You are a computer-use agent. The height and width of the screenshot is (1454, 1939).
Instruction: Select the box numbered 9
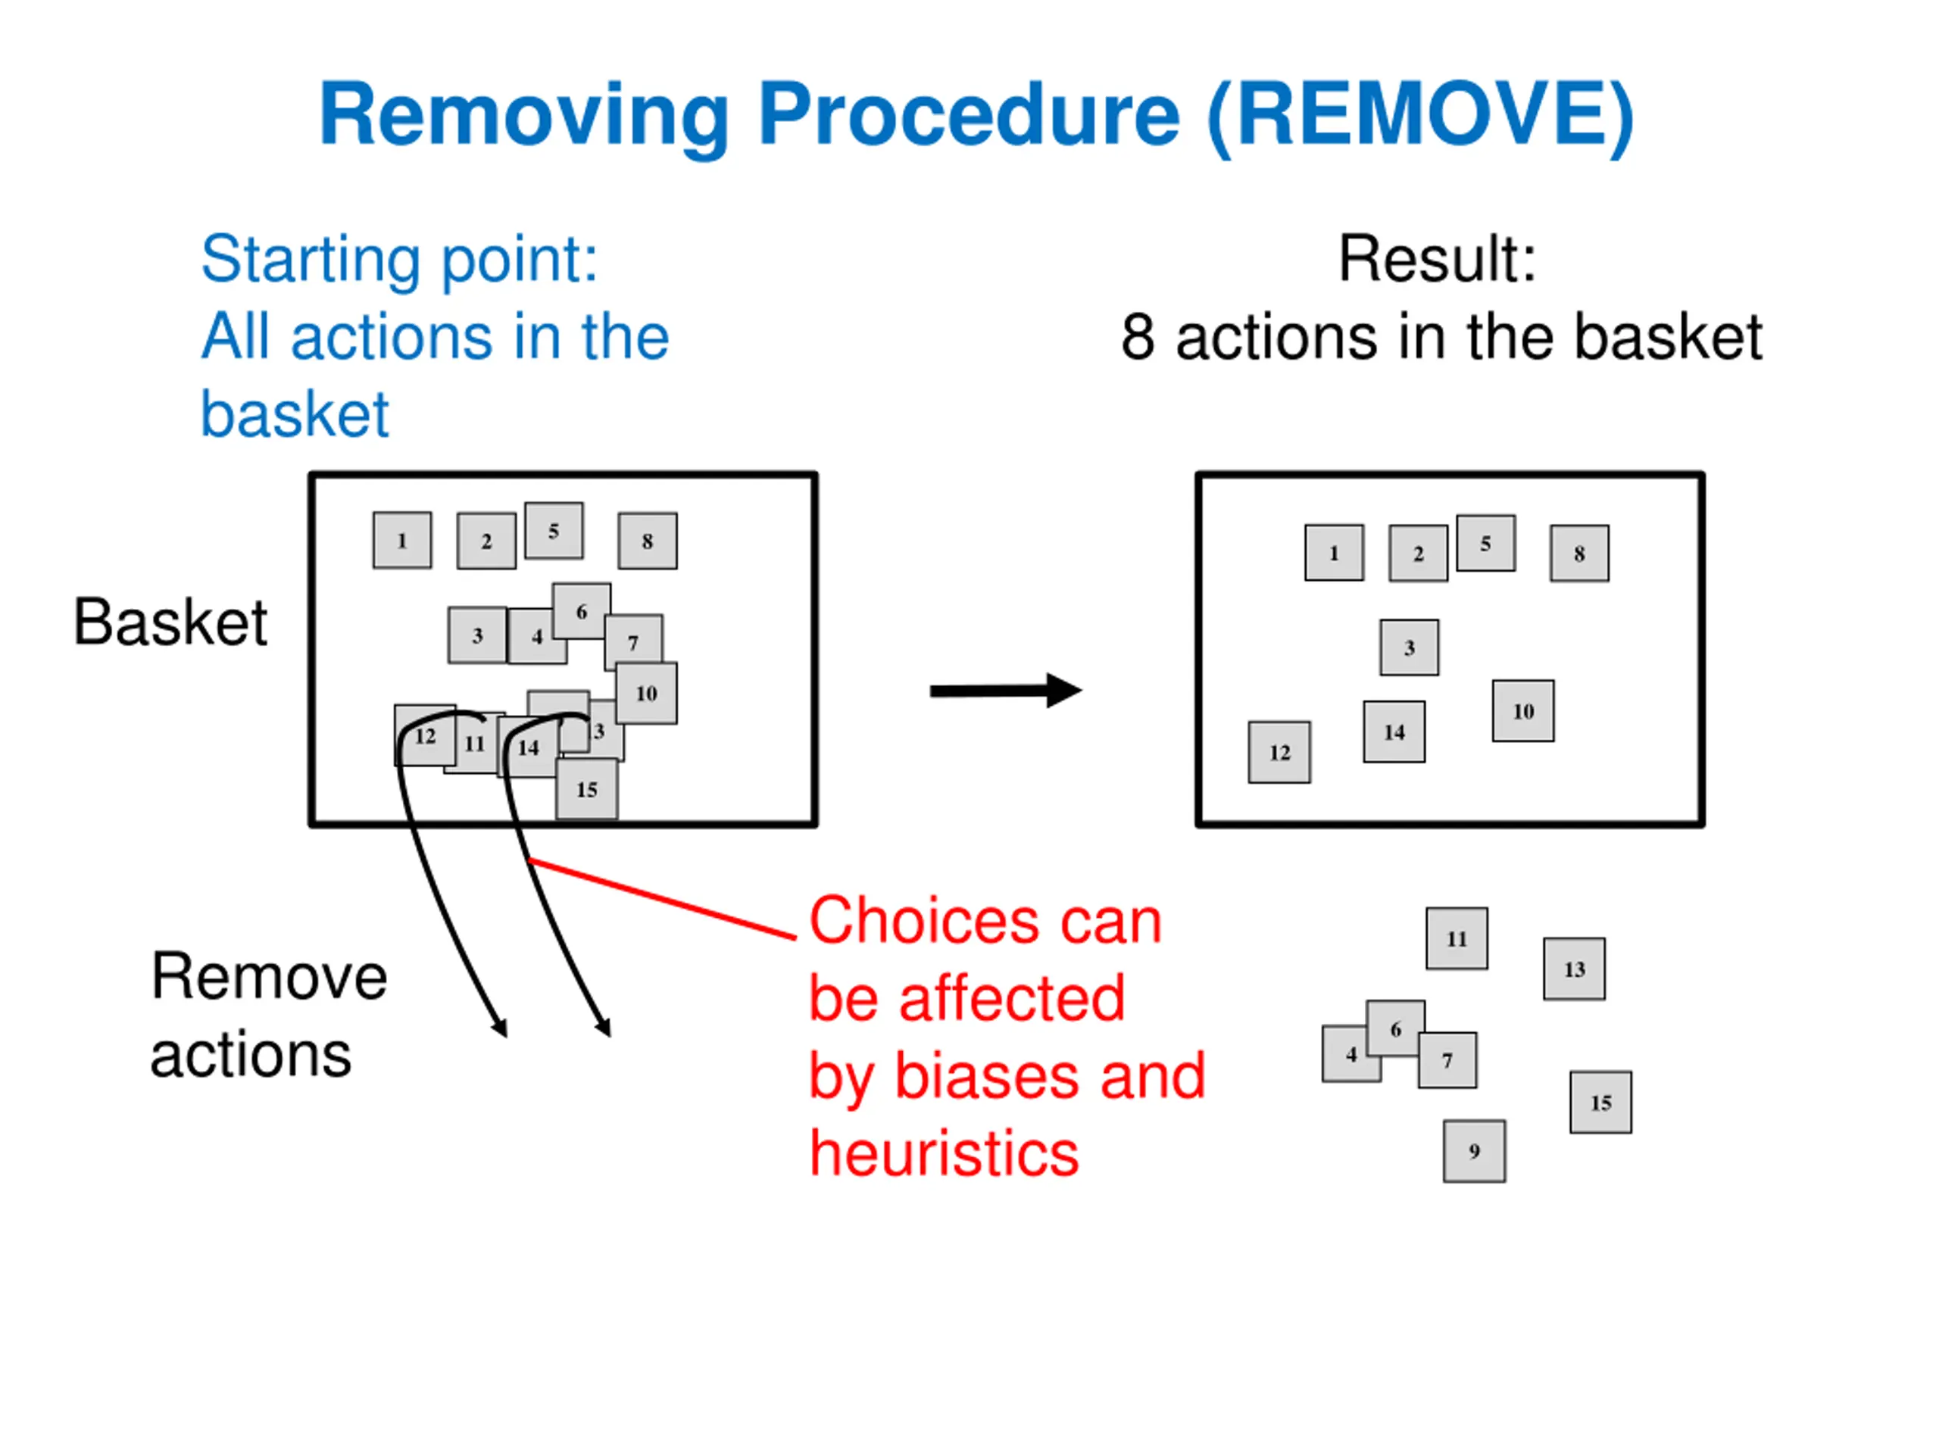click(1475, 1151)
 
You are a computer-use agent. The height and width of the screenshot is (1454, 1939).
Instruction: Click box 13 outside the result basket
click(1575, 969)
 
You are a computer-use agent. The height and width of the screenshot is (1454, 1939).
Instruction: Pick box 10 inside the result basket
click(1523, 711)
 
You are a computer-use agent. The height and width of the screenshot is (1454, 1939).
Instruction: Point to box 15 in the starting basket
click(587, 789)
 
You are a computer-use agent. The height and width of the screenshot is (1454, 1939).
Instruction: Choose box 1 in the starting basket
click(402, 540)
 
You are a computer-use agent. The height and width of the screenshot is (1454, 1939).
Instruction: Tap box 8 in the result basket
click(1579, 553)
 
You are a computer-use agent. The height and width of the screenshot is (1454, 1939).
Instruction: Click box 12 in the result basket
click(1280, 752)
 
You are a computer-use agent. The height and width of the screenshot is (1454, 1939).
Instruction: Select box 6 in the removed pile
click(1395, 1028)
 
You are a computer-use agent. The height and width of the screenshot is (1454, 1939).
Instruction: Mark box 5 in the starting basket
click(554, 530)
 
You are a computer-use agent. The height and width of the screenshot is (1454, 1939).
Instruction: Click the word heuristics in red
click(944, 1153)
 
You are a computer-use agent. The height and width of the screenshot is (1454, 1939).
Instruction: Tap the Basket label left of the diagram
click(170, 622)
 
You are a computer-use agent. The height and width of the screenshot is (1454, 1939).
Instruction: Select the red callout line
click(663, 899)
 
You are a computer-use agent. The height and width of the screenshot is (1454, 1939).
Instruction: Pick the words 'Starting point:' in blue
click(400, 260)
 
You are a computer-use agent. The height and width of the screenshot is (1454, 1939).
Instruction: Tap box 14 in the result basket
click(1394, 732)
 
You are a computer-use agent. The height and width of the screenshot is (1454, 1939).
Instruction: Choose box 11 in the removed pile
click(1457, 938)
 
